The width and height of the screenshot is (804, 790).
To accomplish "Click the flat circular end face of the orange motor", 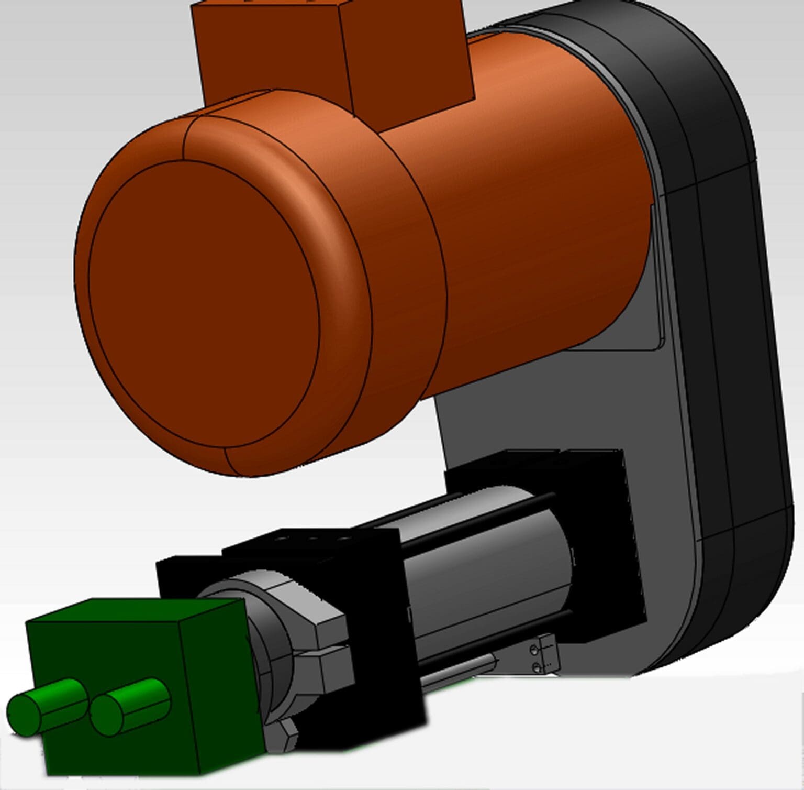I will [x=204, y=304].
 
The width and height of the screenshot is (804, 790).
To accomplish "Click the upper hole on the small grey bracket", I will [x=534, y=651].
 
